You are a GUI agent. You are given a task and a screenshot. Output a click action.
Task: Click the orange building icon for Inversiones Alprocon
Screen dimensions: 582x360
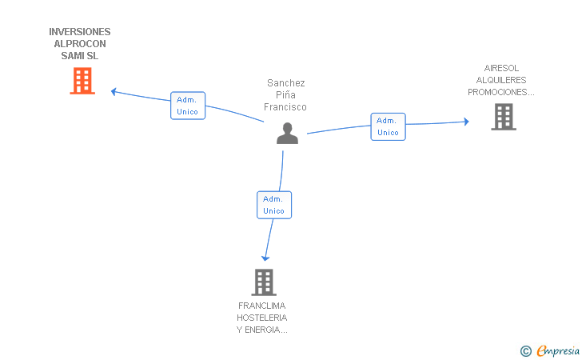[82, 81]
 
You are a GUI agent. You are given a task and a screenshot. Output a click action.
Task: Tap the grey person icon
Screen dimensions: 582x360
[287, 133]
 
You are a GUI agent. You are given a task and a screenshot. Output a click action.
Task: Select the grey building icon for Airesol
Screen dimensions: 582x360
[504, 117]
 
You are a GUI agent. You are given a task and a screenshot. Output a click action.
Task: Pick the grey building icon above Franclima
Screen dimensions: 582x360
[264, 282]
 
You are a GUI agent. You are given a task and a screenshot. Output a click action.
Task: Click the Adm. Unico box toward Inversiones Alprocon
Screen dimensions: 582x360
[188, 106]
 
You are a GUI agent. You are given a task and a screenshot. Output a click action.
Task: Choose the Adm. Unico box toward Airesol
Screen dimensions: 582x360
[389, 126]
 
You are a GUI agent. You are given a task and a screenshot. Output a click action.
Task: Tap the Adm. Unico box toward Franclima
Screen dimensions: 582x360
[274, 205]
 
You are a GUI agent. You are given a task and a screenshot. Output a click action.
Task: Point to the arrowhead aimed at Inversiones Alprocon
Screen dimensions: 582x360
[114, 91]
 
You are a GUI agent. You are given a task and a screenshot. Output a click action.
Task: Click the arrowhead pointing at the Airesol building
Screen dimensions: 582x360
[466, 122]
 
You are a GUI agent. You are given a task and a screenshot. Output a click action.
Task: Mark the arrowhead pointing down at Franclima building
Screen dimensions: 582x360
[265, 258]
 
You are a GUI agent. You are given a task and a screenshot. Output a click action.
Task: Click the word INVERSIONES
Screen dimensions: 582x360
[80, 31]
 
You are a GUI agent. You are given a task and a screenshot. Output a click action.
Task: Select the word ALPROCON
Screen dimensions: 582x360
[80, 44]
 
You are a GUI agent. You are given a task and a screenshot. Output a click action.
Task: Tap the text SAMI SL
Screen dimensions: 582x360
[80, 56]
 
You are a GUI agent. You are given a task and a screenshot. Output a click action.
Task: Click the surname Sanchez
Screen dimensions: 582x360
[286, 83]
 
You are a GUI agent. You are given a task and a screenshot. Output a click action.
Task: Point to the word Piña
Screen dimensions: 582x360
[285, 94]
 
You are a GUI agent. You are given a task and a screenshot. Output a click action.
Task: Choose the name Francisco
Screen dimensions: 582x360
[285, 107]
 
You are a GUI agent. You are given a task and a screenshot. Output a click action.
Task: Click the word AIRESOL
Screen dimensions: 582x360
[501, 68]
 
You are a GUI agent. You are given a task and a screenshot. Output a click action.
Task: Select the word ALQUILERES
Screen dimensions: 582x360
[501, 80]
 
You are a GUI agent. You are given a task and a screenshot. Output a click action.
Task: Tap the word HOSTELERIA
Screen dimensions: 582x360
[262, 318]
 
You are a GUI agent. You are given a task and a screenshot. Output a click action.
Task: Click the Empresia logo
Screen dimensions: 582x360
[550, 350]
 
